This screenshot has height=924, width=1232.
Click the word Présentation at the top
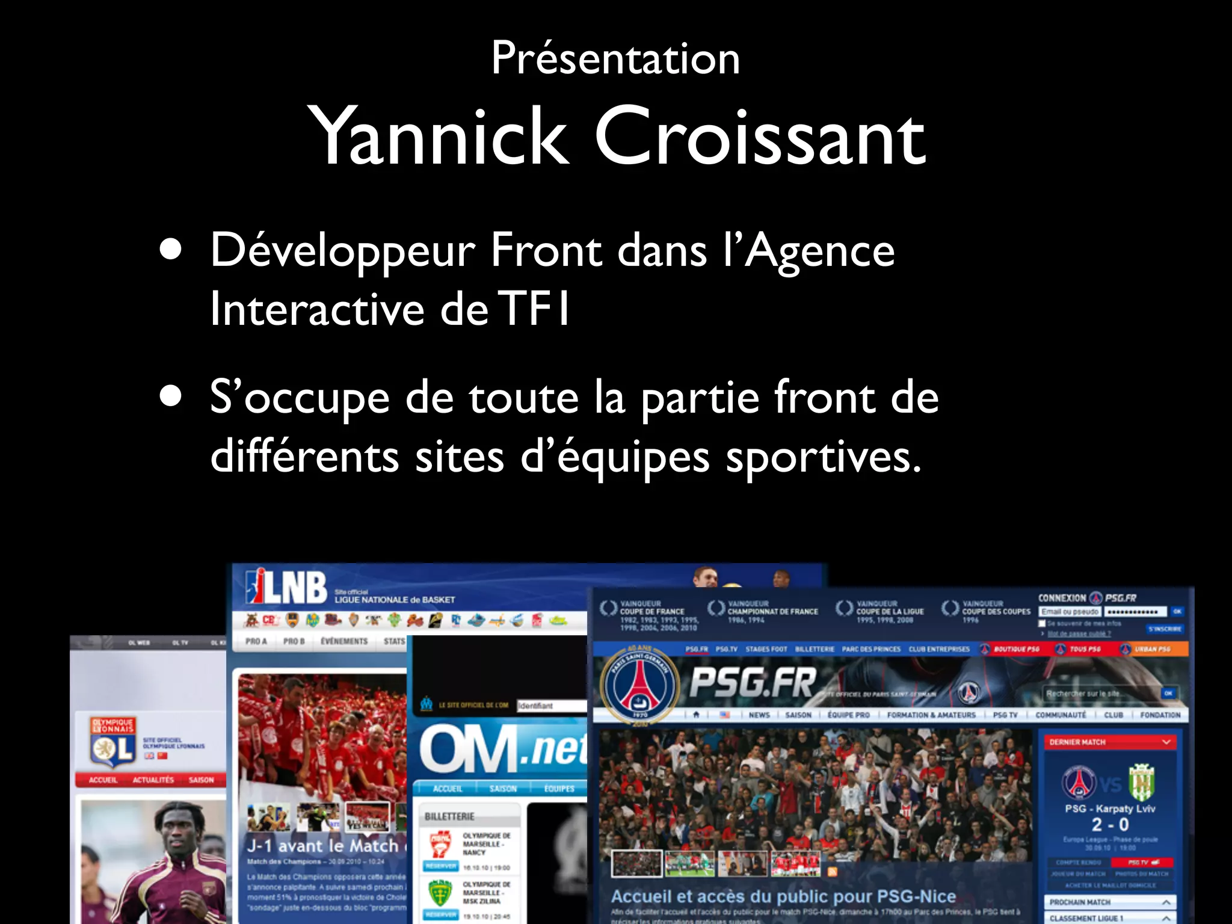click(615, 58)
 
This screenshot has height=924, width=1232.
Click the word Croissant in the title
click(760, 137)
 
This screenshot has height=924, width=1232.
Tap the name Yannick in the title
click(437, 137)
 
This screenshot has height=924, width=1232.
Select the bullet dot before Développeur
click(171, 250)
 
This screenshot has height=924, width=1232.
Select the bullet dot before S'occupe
click(171, 397)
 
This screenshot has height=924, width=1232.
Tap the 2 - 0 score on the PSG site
click(1110, 825)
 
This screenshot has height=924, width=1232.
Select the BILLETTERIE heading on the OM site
click(449, 816)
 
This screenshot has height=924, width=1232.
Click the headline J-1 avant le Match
click(323, 846)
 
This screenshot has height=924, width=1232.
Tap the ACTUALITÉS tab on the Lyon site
click(153, 780)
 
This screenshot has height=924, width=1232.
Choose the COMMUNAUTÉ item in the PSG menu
click(1061, 715)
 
